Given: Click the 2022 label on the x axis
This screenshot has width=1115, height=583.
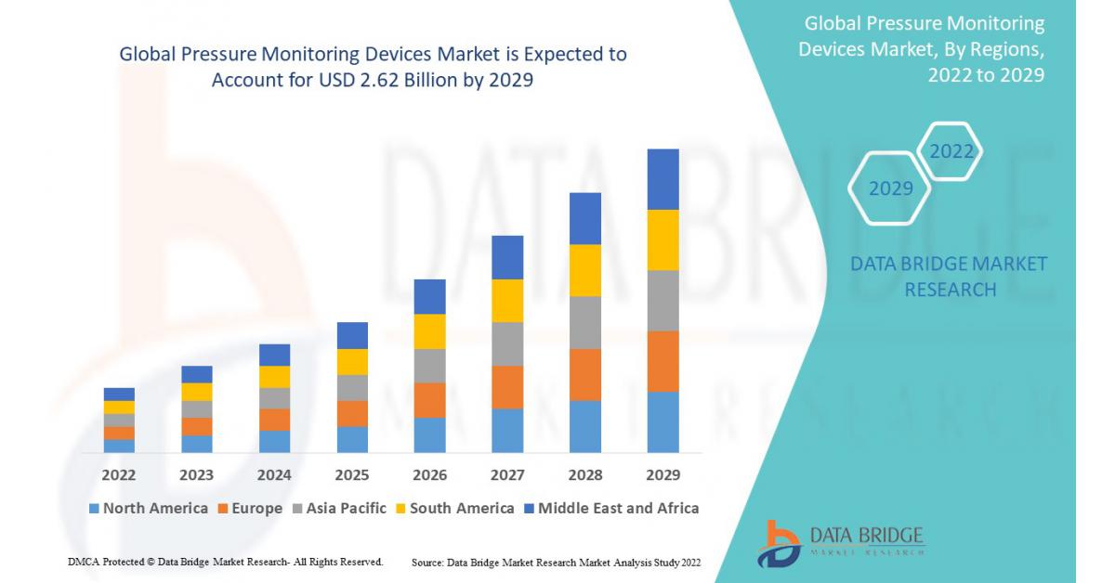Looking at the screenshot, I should click(119, 475).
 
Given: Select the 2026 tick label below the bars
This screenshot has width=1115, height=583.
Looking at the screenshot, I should click(429, 475).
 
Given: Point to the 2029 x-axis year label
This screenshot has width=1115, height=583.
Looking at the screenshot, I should click(662, 475).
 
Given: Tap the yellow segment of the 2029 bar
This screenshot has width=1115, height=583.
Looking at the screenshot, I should click(662, 240).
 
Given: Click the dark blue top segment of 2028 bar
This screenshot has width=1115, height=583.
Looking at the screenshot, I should click(585, 218).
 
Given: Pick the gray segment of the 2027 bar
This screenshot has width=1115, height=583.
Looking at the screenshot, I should click(507, 343).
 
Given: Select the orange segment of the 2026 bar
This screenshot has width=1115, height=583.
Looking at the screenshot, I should click(429, 400).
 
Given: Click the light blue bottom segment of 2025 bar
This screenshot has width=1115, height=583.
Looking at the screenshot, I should click(352, 439).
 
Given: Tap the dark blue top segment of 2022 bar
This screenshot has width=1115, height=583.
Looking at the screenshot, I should click(119, 394).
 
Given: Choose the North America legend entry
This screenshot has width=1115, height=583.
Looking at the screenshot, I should click(149, 508).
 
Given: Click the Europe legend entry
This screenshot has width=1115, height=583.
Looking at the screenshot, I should click(250, 508).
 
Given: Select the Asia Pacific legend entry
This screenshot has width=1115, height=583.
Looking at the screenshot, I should click(340, 508).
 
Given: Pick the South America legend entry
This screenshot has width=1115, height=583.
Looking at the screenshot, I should click(454, 508).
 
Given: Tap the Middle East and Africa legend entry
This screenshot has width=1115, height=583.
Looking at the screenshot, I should click(610, 508).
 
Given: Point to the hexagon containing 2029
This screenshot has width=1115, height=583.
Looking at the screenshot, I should click(890, 188).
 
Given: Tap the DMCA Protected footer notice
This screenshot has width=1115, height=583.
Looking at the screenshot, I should click(226, 562).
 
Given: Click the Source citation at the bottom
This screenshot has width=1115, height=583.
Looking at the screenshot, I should click(556, 563).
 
